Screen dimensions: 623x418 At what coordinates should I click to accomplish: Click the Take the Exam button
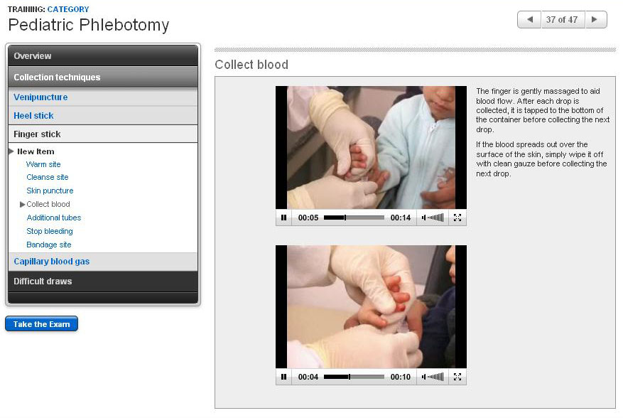tap(41, 323)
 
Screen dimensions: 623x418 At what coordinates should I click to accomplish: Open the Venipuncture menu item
tap(40, 97)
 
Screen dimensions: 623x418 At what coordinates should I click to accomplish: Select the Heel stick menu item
tap(33, 116)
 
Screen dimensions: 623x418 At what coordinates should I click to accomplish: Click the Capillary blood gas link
tap(52, 262)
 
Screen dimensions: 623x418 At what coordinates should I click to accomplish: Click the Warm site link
tap(43, 164)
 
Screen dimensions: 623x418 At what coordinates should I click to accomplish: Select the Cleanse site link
tap(48, 177)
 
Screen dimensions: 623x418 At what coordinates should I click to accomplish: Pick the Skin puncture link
tap(50, 191)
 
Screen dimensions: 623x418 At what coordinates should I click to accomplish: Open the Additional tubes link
tap(54, 218)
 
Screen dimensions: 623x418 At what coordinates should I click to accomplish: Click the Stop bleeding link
tap(49, 231)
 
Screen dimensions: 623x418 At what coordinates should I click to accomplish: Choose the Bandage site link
tap(49, 245)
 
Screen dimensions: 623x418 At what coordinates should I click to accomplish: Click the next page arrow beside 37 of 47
tap(595, 19)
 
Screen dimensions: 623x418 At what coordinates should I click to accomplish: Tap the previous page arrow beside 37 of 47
tap(530, 19)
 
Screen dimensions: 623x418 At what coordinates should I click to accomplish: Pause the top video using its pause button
tap(283, 218)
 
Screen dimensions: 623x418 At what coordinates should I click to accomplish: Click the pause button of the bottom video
tap(283, 377)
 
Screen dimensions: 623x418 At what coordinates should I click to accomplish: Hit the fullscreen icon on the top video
tap(457, 218)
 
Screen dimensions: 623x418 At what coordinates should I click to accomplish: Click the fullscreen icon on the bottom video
tap(457, 377)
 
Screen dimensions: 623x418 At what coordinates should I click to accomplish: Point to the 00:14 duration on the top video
tap(401, 218)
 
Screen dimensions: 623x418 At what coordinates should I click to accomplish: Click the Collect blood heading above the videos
tap(251, 65)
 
